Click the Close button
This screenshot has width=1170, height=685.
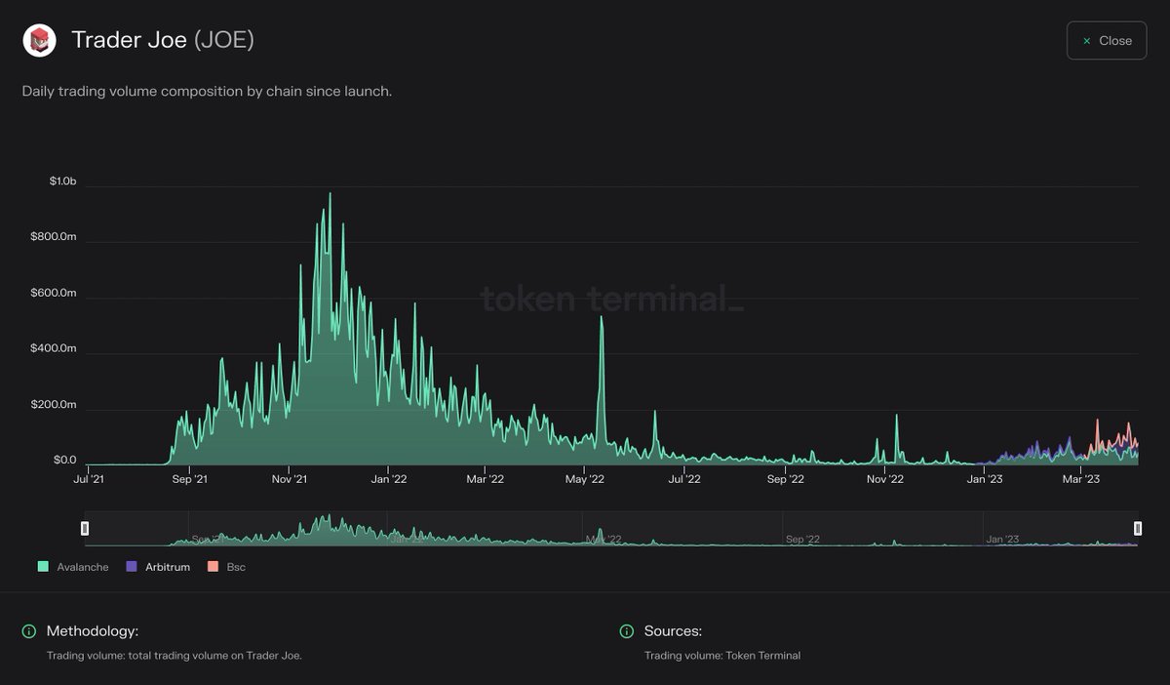[1107, 41]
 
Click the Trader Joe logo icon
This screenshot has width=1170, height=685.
[40, 40]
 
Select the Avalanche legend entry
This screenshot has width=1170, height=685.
[73, 567]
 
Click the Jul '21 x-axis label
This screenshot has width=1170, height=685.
[90, 479]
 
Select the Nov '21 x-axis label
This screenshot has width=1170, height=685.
[289, 479]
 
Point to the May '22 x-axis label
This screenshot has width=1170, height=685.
[585, 479]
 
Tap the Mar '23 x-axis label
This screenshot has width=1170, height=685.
[1080, 479]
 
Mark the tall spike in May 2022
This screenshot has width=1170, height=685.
[602, 319]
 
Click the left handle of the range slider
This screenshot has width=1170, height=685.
[85, 529]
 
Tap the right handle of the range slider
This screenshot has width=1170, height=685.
[1138, 529]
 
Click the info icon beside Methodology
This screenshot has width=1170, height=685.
[29, 631]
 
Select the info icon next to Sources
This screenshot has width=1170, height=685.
[627, 631]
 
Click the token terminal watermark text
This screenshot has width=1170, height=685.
[612, 300]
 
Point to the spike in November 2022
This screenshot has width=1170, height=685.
[896, 418]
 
